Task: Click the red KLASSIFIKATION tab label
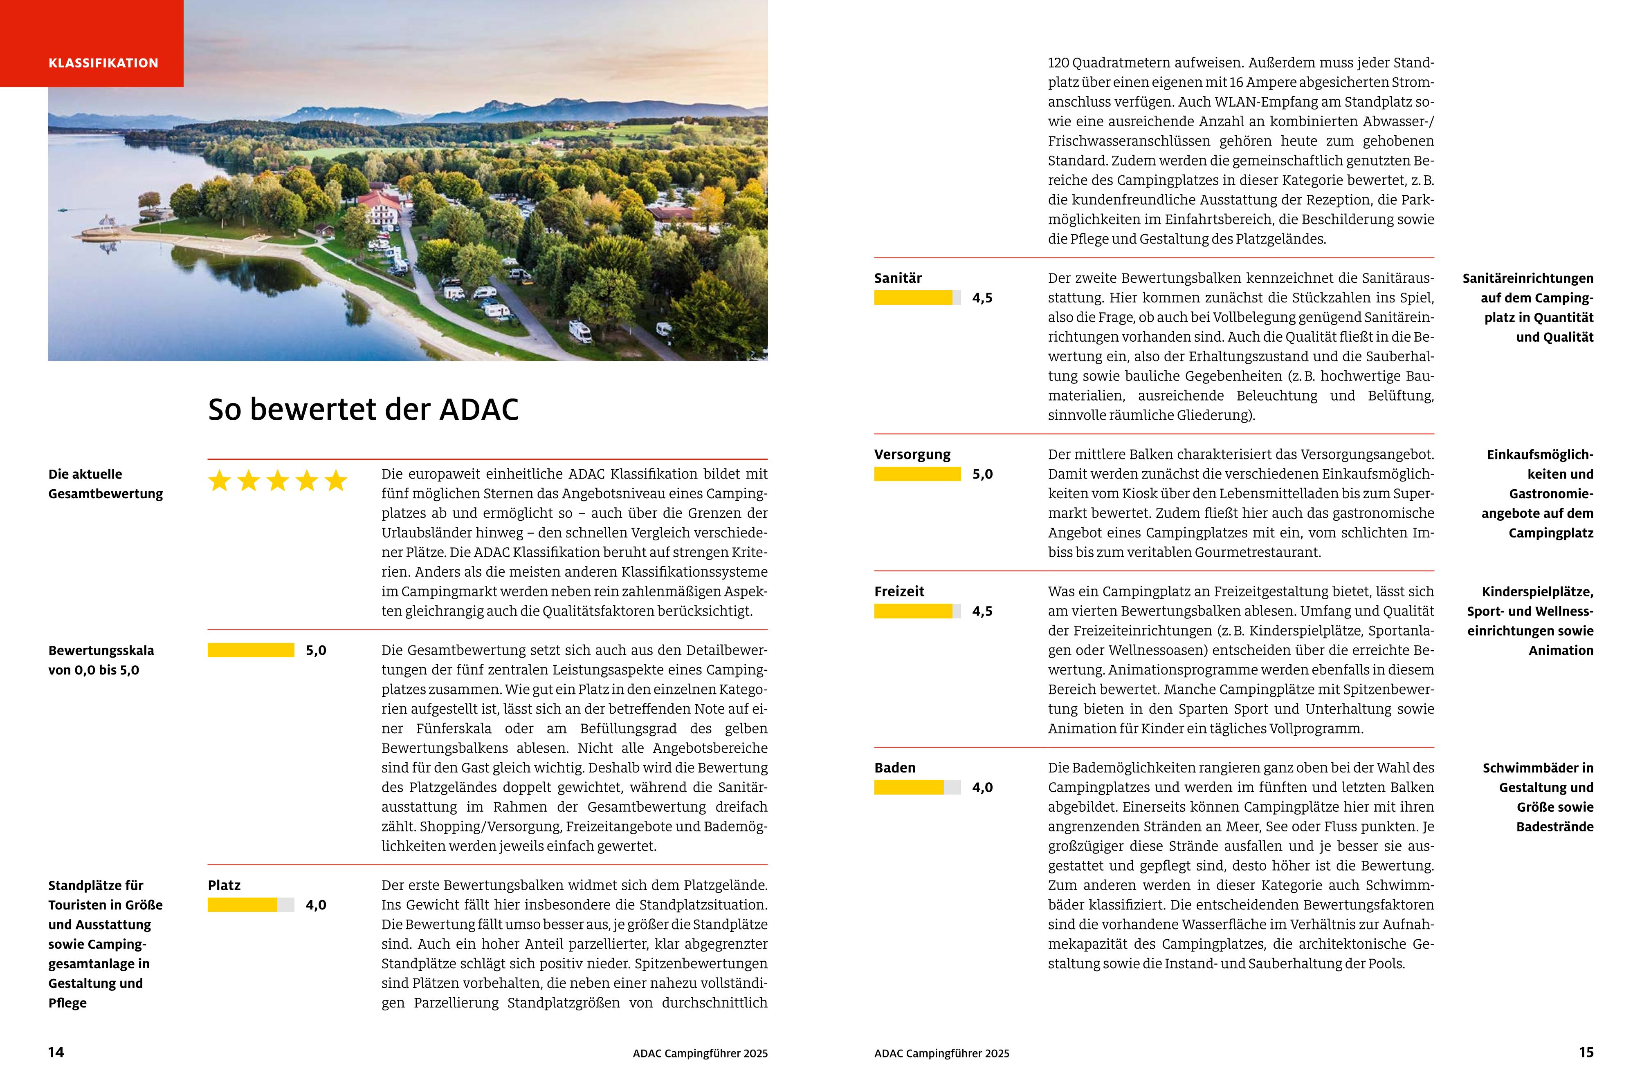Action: click(x=103, y=63)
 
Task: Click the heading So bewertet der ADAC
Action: click(x=363, y=409)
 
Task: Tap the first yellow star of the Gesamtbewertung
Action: click(x=220, y=481)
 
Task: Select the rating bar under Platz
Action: click(x=251, y=905)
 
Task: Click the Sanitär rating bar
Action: click(x=917, y=298)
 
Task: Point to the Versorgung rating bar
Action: click(x=917, y=474)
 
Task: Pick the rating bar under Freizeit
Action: click(x=917, y=611)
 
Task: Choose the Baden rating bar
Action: click(x=917, y=788)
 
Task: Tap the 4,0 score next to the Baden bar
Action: click(x=982, y=788)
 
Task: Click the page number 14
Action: click(x=56, y=1052)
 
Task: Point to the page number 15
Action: click(x=1586, y=1052)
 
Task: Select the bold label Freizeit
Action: click(x=899, y=591)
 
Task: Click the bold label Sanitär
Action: click(x=898, y=278)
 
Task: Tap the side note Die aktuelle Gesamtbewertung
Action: click(x=106, y=484)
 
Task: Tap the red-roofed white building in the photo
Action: click(x=380, y=208)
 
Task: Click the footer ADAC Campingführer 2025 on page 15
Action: click(x=941, y=1053)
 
